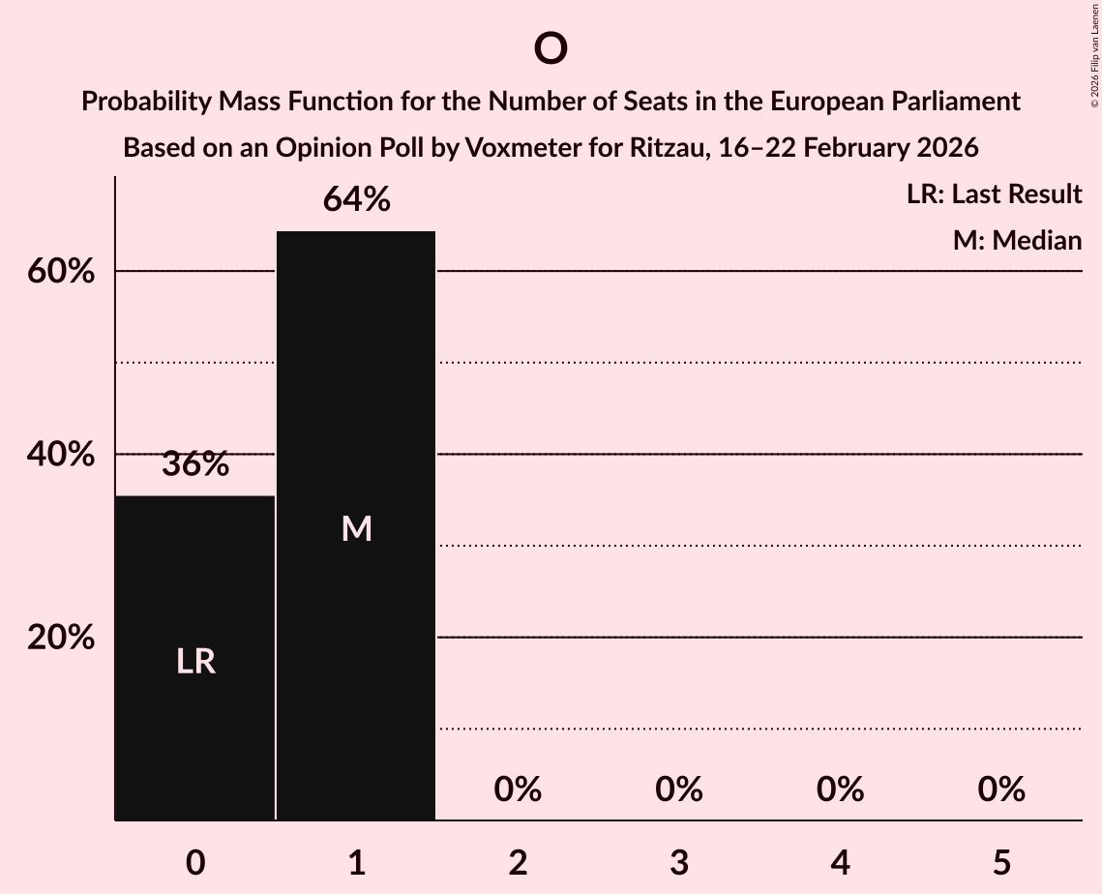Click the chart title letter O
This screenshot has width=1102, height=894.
pos(550,48)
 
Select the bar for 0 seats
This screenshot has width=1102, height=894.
pos(195,658)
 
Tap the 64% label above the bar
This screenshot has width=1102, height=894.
pos(356,199)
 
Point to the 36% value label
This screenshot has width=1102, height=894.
pos(195,464)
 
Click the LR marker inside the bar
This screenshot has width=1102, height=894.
pos(195,662)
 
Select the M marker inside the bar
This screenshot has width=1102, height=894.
pos(356,528)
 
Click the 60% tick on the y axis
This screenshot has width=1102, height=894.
pos(61,272)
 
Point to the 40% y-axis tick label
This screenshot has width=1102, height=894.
pos(61,455)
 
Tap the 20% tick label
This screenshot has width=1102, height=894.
pos(61,638)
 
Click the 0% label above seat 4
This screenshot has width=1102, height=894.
pos(840,790)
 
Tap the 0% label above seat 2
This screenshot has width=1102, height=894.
pos(518,790)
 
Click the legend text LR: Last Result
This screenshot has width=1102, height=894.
pos(994,194)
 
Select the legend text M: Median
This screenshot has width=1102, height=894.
pos(1017,240)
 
